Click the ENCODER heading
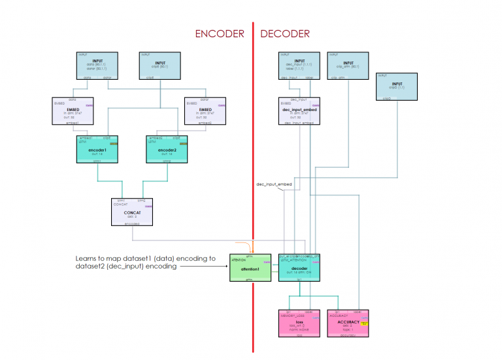[x=220, y=33]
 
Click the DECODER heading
[x=285, y=33]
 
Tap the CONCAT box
[x=132, y=212]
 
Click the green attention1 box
[x=249, y=268]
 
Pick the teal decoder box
[x=299, y=268]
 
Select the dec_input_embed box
[x=299, y=110]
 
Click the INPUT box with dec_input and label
[x=299, y=65]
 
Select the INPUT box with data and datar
[x=97, y=65]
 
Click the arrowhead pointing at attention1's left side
[x=224, y=267]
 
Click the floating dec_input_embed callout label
[x=274, y=185]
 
